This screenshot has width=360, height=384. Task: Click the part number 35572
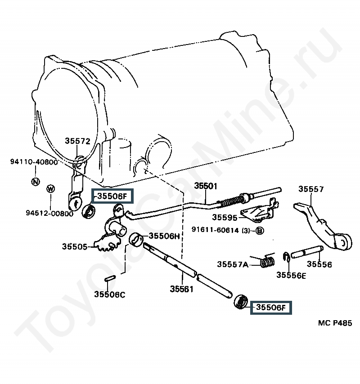point(77,141)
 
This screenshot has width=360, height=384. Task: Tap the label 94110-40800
point(34,162)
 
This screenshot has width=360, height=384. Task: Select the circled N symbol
point(36,182)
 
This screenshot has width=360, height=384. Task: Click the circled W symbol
point(50,188)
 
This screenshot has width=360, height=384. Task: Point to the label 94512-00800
point(50,213)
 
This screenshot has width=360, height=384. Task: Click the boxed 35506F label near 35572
point(112,196)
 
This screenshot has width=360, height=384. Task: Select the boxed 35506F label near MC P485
point(271,308)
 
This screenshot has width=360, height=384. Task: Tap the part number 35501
point(206,186)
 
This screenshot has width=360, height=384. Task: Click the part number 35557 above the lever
point(311,189)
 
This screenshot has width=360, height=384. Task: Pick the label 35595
point(225,217)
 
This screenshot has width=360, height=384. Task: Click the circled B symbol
point(260,231)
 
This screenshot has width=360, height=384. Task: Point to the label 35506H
point(164,236)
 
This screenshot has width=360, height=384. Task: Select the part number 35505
point(75,246)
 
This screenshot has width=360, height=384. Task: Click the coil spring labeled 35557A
point(267,262)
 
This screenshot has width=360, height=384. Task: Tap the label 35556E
point(291,275)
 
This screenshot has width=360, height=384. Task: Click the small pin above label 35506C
point(110,278)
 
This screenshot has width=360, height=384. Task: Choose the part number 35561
point(182,289)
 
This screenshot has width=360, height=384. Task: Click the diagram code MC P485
point(335,323)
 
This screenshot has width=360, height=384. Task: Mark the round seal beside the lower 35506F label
point(241,302)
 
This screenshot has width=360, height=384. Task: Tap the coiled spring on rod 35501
point(231,201)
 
